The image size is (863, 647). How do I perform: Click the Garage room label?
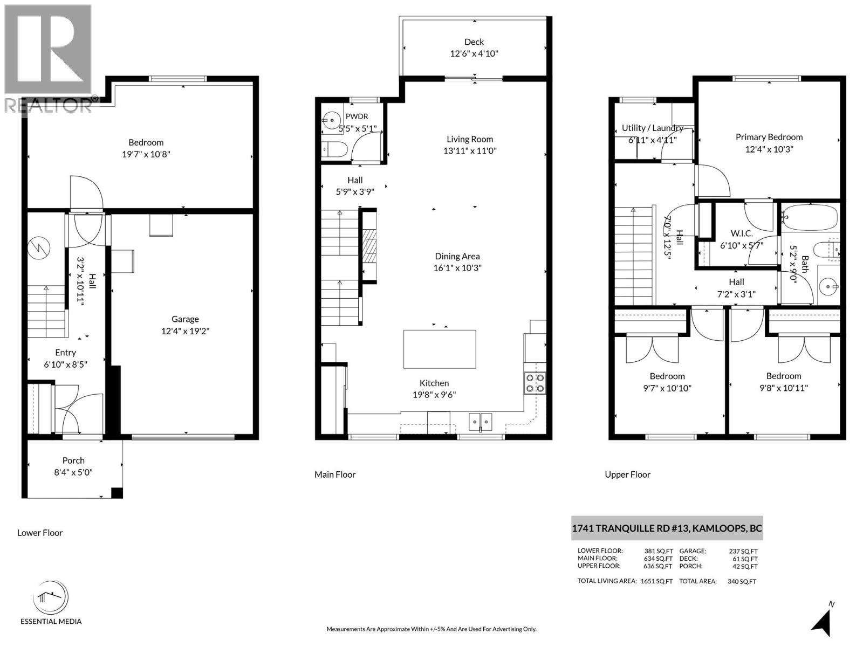[185, 319]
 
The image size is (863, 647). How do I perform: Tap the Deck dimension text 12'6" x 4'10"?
[474, 53]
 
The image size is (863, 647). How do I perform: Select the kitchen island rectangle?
[440, 349]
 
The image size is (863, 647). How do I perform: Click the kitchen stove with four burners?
[535, 383]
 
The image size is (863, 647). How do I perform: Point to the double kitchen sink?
[480, 422]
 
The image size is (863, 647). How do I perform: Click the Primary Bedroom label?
[769, 137]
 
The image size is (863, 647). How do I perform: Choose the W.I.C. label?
[742, 233]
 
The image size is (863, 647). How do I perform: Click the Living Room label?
[469, 139]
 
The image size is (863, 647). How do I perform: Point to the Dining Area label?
[457, 256]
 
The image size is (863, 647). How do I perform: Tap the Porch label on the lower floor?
[73, 460]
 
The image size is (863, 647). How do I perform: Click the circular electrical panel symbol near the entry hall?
[39, 247]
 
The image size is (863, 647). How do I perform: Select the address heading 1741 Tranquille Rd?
[667, 528]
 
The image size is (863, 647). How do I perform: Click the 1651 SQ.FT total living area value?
[656, 581]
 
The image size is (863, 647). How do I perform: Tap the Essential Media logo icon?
[50, 597]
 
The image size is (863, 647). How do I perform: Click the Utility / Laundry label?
[652, 128]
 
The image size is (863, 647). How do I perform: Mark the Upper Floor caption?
[627, 474]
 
